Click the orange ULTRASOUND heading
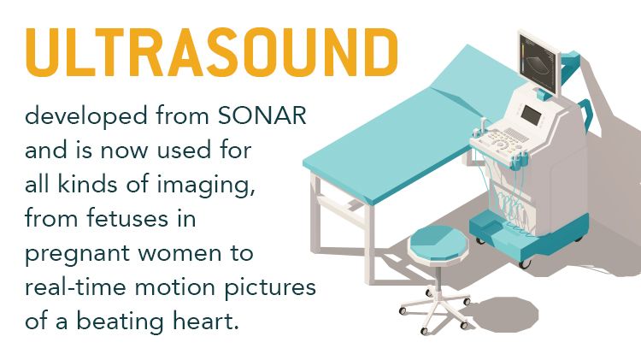(x=212, y=52)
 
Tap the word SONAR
(x=262, y=115)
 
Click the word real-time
(x=75, y=286)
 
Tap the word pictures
(x=270, y=288)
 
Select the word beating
(x=121, y=322)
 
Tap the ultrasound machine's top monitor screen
(x=539, y=64)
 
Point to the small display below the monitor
(x=532, y=115)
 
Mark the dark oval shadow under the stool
(x=503, y=314)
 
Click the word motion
(x=174, y=287)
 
